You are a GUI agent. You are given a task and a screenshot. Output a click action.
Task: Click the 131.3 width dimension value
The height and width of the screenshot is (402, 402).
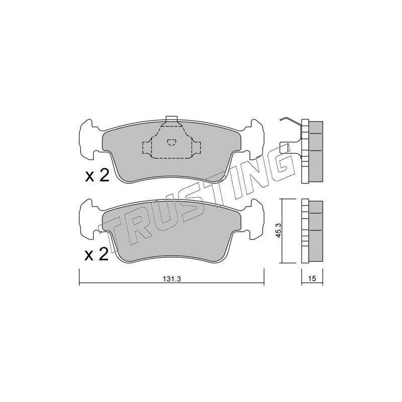[x=172, y=279]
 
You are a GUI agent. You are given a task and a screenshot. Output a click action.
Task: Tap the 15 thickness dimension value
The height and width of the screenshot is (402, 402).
[x=312, y=279]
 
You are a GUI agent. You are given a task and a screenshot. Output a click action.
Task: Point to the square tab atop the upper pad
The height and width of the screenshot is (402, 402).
[x=171, y=119]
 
